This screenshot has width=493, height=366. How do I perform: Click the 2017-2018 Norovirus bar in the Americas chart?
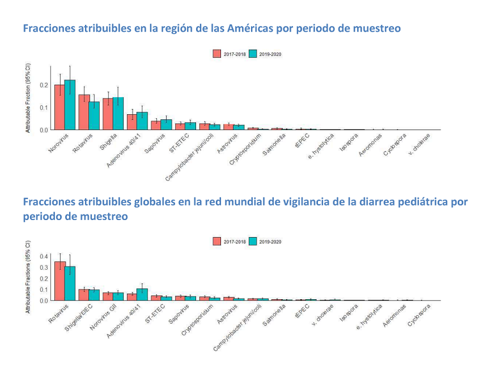(x=59, y=107)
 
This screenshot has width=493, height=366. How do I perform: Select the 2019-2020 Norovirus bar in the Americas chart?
(x=70, y=105)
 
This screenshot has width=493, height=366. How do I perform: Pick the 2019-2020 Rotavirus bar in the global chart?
(x=70, y=283)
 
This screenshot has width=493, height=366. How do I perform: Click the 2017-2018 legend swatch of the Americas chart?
(x=217, y=54)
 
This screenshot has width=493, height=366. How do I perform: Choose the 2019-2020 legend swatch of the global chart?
(x=252, y=242)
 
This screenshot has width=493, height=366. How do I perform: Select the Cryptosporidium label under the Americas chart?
(x=245, y=148)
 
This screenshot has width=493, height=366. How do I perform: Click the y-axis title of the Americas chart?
(x=28, y=100)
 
